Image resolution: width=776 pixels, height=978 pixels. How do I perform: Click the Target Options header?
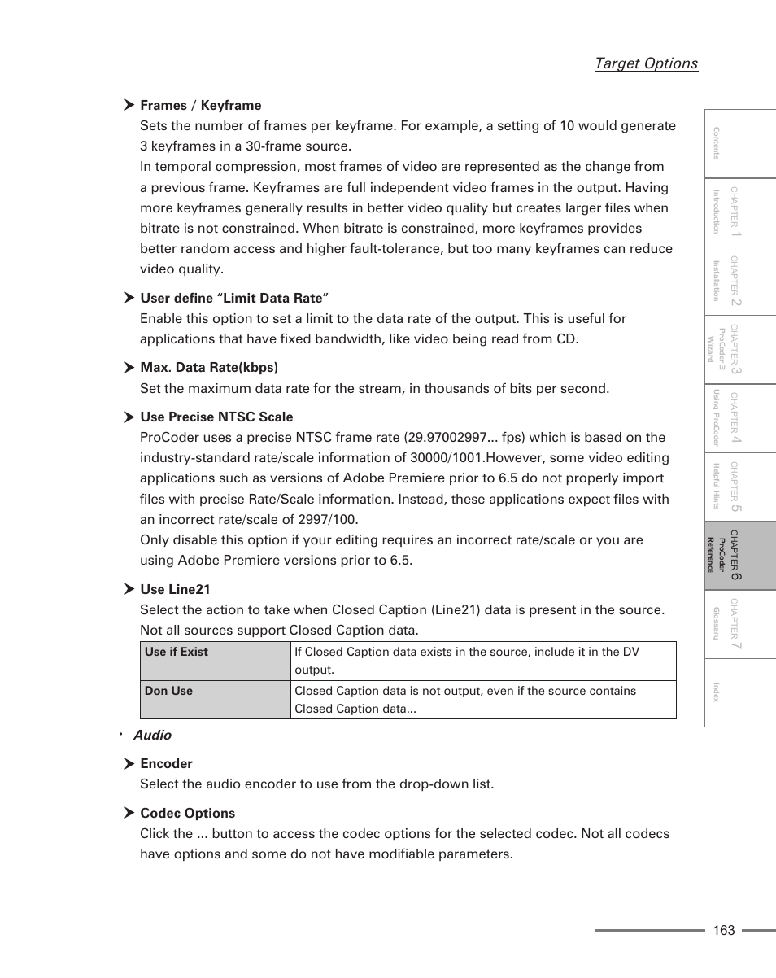click(x=646, y=63)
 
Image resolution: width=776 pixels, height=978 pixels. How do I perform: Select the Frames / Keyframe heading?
click(x=200, y=105)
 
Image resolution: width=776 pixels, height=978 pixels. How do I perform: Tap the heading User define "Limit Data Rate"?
click(x=233, y=298)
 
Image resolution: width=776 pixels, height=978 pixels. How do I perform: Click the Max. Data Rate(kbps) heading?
click(x=208, y=367)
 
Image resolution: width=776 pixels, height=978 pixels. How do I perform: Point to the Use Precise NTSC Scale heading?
click(x=216, y=417)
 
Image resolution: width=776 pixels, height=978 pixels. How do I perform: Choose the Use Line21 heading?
click(x=175, y=589)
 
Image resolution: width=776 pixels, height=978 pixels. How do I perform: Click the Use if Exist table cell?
click(x=215, y=660)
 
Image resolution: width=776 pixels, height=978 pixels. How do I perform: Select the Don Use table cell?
click(x=215, y=699)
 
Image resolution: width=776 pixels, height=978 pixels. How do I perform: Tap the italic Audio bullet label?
click(x=152, y=735)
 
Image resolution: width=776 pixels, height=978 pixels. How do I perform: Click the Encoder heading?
click(x=166, y=763)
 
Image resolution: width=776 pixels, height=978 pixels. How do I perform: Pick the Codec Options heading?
click(x=187, y=813)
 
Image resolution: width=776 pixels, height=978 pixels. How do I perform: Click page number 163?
click(x=723, y=930)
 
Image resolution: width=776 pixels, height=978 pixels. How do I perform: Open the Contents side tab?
click(x=739, y=143)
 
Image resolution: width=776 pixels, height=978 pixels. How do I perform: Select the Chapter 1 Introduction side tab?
click(x=739, y=212)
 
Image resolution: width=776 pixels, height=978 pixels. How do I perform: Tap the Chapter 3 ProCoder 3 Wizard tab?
click(x=739, y=349)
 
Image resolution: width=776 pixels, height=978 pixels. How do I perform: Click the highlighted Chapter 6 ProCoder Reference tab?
click(x=739, y=555)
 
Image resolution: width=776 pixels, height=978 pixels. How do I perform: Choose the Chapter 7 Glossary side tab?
click(x=739, y=624)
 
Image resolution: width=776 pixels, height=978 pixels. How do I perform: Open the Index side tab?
click(x=739, y=692)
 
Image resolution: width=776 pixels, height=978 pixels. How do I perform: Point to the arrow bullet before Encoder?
click(x=129, y=763)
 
